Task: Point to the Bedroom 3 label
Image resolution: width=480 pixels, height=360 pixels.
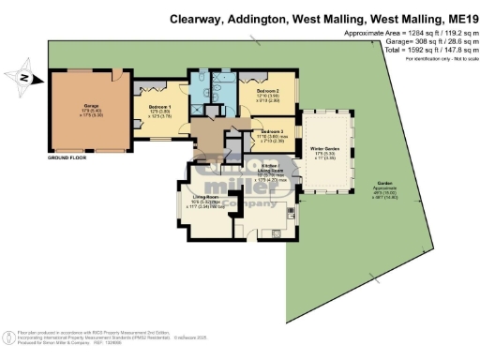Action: (x=272, y=134)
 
